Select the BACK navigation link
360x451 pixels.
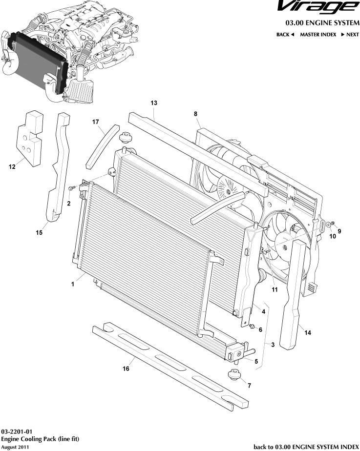click(x=285, y=35)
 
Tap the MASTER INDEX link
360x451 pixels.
click(x=318, y=35)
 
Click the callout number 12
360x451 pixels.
click(x=12, y=167)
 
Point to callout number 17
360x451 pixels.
click(x=96, y=122)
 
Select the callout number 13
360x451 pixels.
click(x=154, y=103)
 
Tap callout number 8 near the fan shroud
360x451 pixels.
click(x=195, y=114)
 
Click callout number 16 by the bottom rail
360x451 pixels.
click(x=126, y=369)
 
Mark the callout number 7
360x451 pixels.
click(x=249, y=386)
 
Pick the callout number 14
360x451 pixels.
click(x=307, y=333)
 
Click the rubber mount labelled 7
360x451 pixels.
click(x=234, y=376)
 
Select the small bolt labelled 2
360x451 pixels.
click(x=72, y=187)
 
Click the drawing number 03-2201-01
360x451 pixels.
click(x=17, y=432)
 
